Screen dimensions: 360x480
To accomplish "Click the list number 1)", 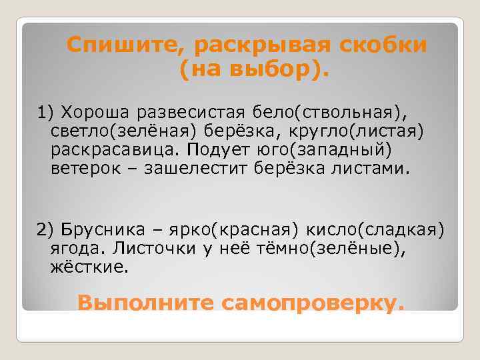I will [x=45, y=109].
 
